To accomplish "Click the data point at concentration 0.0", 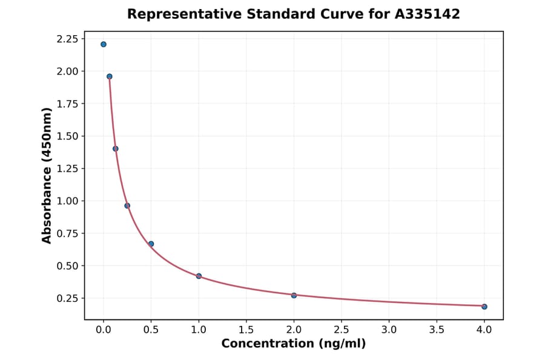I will (104, 44).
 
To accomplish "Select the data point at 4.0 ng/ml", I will (484, 307).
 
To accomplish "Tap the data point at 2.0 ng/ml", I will (294, 295).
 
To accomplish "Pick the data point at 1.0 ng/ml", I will (199, 276).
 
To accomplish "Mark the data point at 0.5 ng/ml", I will (151, 244).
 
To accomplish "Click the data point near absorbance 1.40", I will (116, 148).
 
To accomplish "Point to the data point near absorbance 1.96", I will (110, 76).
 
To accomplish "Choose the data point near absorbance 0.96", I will (127, 205).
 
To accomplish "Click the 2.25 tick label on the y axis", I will (67, 39).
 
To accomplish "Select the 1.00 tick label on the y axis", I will (67, 201).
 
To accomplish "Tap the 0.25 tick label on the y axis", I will (67, 298).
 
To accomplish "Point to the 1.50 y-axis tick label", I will (67, 136).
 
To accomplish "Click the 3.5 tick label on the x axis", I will (437, 330).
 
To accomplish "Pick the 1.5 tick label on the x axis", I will (246, 330).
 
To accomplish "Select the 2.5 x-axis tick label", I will (342, 330).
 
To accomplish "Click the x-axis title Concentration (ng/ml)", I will (294, 344).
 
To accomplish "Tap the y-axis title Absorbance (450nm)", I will (47, 175).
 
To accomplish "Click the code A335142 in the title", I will (428, 14).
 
